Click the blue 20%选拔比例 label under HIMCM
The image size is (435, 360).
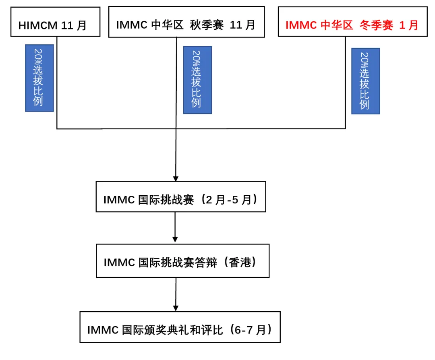[x=39, y=78]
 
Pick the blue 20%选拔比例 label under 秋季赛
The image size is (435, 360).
[x=197, y=80]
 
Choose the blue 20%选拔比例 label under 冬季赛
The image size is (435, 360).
[x=365, y=81]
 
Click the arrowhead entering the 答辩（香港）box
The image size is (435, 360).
[x=175, y=240]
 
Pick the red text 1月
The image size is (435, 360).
[x=408, y=25]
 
